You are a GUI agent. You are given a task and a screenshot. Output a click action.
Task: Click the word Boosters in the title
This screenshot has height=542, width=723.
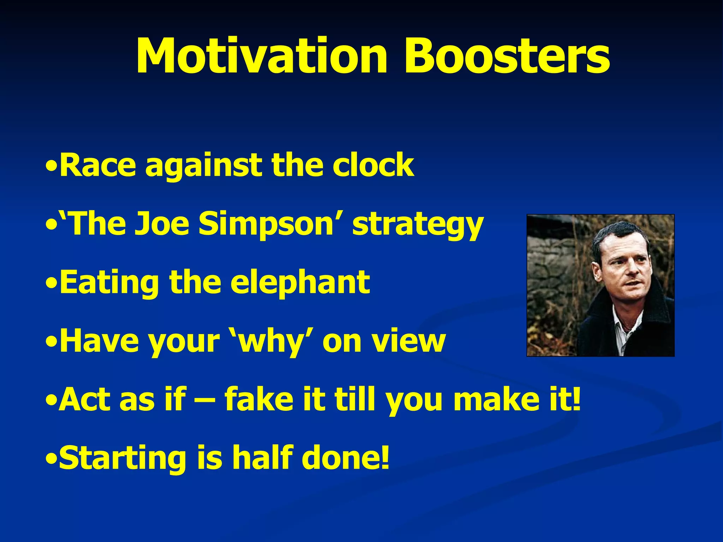pos(507,56)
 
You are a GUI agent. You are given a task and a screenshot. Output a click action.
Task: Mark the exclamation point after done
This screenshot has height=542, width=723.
pos(385,457)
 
